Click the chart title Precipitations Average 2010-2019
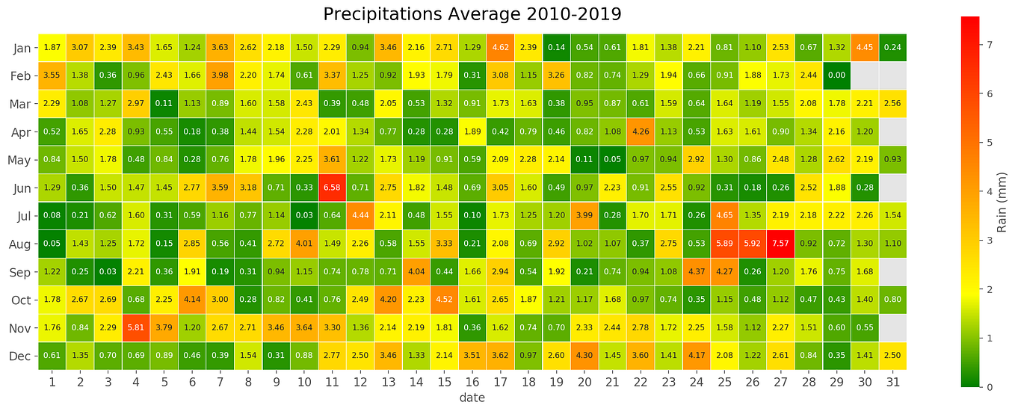(x=472, y=14)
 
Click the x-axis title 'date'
(x=472, y=398)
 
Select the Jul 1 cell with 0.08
(x=52, y=215)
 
